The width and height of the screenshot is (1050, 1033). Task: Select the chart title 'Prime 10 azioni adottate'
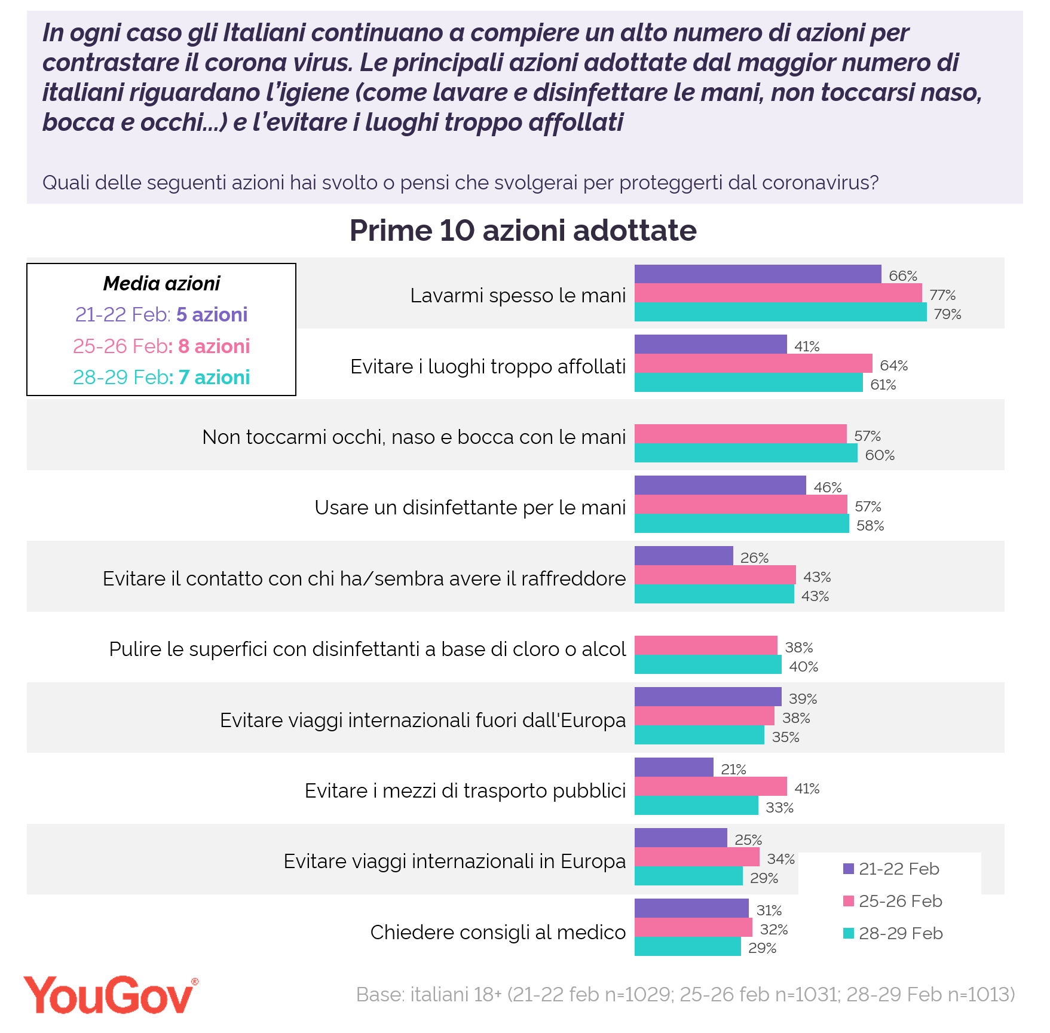(523, 231)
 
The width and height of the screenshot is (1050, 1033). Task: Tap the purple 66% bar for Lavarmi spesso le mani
(757, 274)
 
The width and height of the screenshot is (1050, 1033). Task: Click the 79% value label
(947, 314)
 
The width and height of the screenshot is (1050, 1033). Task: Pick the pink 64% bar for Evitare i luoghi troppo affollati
(753, 363)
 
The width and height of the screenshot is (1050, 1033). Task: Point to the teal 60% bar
(746, 453)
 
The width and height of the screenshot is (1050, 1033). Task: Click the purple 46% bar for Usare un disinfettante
(720, 485)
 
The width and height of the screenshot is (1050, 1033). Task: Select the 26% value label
(754, 558)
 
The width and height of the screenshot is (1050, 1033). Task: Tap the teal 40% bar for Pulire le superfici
(708, 664)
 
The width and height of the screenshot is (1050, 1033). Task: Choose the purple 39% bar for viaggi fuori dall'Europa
(708, 697)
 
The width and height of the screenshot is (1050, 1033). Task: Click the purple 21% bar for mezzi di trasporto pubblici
(674, 767)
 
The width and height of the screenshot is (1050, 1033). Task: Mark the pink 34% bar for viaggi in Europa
(697, 857)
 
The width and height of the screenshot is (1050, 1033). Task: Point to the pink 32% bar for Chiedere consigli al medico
(693, 927)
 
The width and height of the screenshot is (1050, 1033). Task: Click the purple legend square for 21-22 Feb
(849, 869)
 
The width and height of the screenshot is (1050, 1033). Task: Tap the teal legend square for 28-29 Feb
(849, 933)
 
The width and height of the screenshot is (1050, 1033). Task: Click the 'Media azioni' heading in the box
(161, 283)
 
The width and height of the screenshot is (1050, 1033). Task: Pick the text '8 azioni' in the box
(214, 347)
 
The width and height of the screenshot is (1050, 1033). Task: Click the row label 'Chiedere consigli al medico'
(498, 932)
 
